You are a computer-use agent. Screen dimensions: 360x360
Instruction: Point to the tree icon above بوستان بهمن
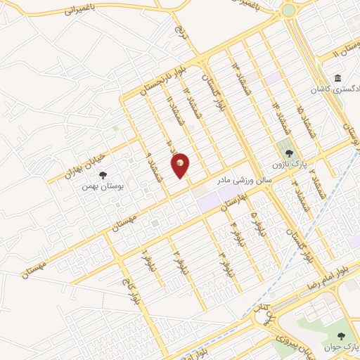point(103,174)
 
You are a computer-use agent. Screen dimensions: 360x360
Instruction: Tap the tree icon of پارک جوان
point(342,336)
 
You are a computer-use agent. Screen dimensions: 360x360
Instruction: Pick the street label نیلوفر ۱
point(146,261)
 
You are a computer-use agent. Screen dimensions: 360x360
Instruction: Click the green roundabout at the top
point(288,11)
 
